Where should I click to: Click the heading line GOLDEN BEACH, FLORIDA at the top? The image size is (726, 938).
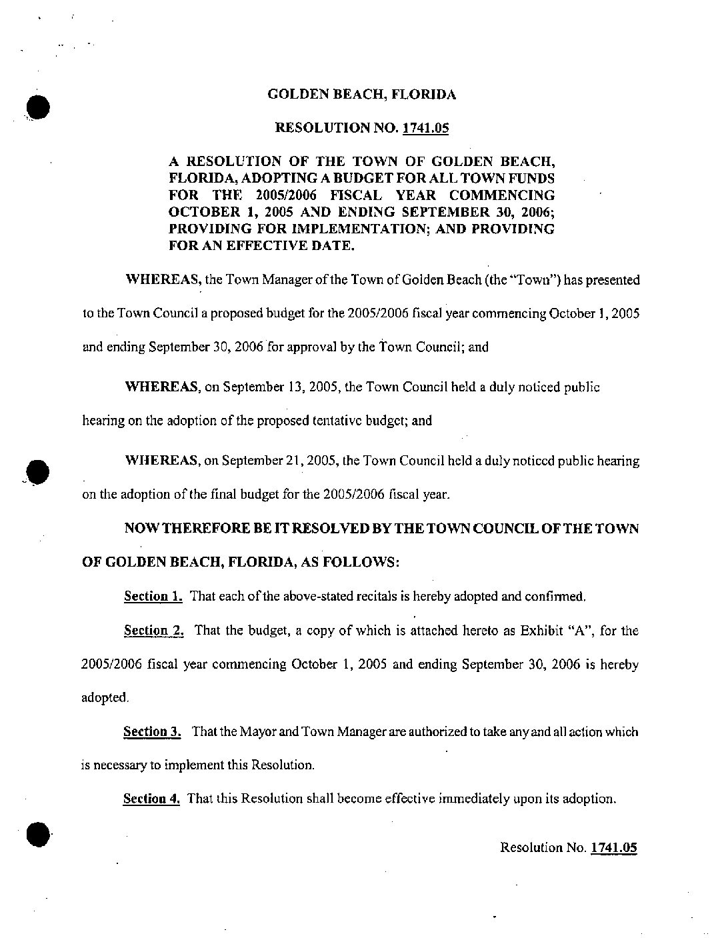tap(361, 95)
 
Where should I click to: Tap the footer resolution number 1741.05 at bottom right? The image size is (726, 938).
tap(614, 847)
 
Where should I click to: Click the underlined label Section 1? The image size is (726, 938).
tap(153, 596)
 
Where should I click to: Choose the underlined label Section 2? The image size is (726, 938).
tap(153, 630)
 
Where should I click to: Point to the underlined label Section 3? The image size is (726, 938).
tap(153, 731)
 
